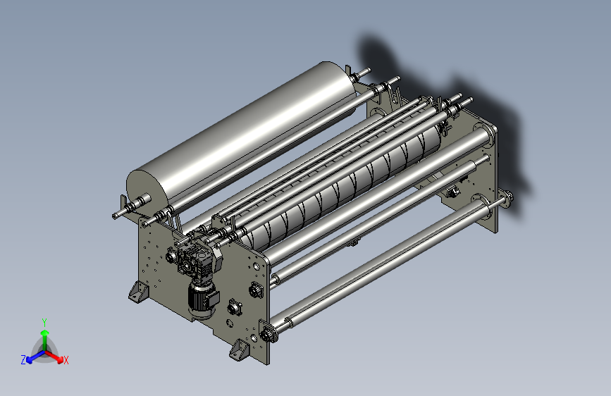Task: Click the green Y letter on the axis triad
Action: pyautogui.click(x=44, y=323)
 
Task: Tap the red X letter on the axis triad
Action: pyautogui.click(x=66, y=360)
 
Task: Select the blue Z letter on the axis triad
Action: pyautogui.click(x=23, y=360)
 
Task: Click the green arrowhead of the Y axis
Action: pyautogui.click(x=45, y=333)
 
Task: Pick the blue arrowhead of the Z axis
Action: pyautogui.click(x=30, y=359)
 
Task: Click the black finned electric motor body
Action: pyautogui.click(x=201, y=299)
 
